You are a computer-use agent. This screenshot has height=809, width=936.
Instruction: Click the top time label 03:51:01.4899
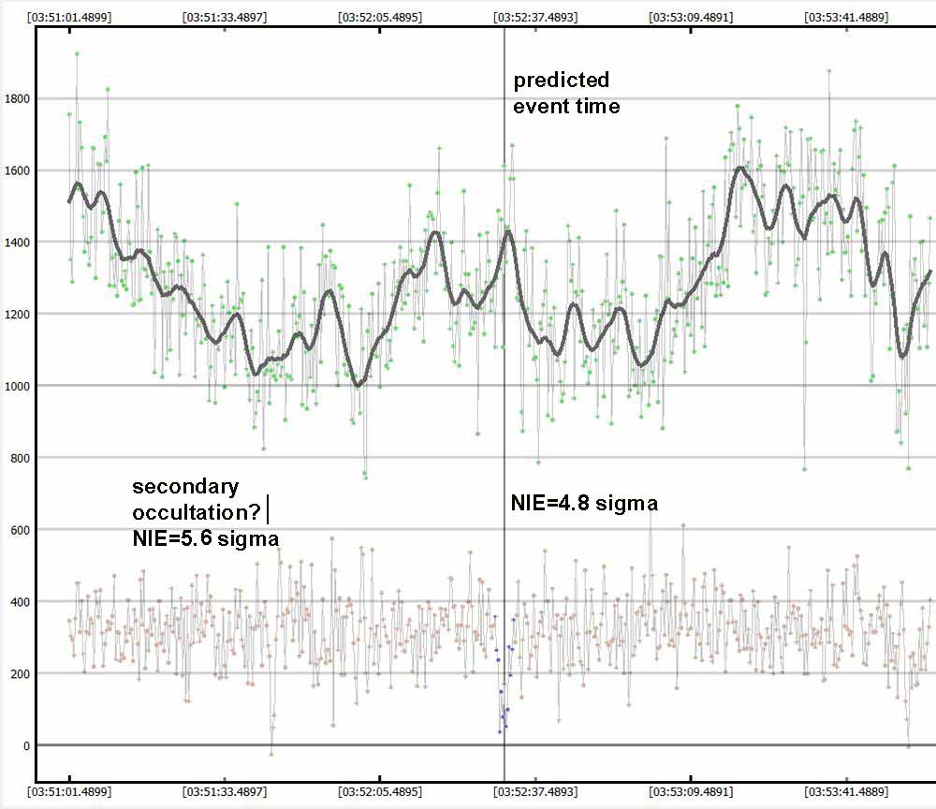pyautogui.click(x=69, y=17)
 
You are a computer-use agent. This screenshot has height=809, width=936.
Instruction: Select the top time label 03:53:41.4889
pyautogui.click(x=845, y=17)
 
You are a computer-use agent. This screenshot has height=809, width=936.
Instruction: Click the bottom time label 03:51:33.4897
pyautogui.click(x=225, y=792)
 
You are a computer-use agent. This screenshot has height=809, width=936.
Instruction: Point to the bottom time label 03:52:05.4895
pyautogui.click(x=380, y=792)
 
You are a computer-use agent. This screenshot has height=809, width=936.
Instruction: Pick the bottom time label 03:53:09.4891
pyautogui.click(x=690, y=792)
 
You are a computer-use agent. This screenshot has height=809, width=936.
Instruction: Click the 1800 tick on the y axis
pyautogui.click(x=17, y=98)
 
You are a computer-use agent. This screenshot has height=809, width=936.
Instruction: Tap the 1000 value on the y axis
pyautogui.click(x=17, y=386)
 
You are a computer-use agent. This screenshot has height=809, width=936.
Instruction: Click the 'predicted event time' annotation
pyautogui.click(x=565, y=93)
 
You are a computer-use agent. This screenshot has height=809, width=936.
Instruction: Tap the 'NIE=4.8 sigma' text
pyautogui.click(x=583, y=504)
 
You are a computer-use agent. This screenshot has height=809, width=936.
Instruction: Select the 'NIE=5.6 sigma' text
pyautogui.click(x=205, y=538)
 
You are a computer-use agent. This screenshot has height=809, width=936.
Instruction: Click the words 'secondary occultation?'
pyautogui.click(x=192, y=499)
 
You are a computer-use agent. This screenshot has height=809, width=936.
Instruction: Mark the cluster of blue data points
pyautogui.click(x=505, y=679)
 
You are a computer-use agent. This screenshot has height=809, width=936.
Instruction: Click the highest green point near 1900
pyautogui.click(x=77, y=53)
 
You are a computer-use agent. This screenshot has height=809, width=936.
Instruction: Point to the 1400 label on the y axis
pyautogui.click(x=17, y=243)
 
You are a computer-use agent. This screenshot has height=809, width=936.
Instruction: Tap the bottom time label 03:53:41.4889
pyautogui.click(x=845, y=792)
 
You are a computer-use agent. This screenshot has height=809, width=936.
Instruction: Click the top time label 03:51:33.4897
pyautogui.click(x=225, y=17)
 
